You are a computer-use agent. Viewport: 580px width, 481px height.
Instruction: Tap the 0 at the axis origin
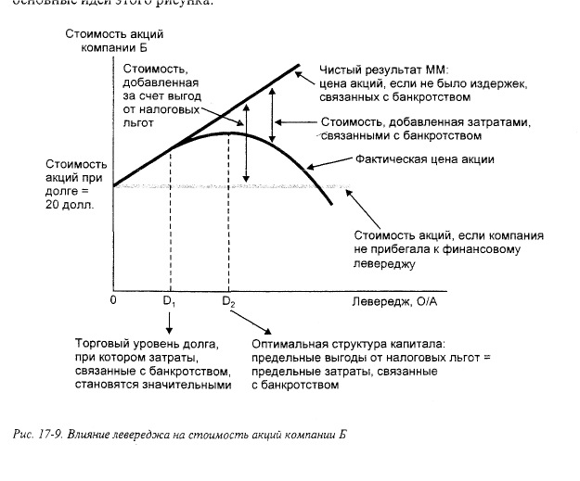[113, 300]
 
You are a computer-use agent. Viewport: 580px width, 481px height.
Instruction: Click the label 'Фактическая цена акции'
[425, 159]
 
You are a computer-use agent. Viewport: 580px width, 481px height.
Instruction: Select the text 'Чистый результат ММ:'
[383, 69]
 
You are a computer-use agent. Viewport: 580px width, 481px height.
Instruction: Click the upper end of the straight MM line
[299, 65]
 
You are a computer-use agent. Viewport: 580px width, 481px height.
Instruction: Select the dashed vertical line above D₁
[170, 222]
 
